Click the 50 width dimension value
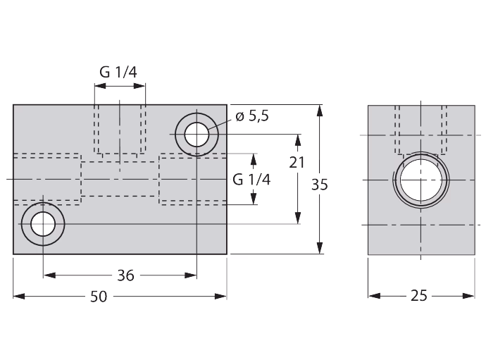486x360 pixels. click(99, 297)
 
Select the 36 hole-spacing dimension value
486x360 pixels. click(125, 275)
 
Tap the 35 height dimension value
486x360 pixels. click(320, 185)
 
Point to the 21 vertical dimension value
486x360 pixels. click(297, 163)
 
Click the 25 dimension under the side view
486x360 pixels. click(419, 296)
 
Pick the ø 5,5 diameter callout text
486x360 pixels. click(252, 116)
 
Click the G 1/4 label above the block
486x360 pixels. click(118, 73)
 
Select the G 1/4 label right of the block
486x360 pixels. click(251, 180)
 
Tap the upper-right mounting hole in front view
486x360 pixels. click(197, 135)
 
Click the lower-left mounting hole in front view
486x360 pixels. click(43, 224)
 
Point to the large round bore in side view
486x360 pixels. click(421, 180)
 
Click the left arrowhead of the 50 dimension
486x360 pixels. click(19, 297)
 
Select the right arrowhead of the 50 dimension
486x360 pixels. click(220, 297)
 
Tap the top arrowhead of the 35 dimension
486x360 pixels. click(320, 111)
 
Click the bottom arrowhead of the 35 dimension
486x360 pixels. click(320, 248)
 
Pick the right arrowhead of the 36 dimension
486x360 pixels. click(191, 275)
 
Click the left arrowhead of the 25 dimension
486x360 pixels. click(375, 296)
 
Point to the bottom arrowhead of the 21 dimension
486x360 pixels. click(298, 218)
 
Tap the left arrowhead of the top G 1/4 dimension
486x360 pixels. click(101, 86)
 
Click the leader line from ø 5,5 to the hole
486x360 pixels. click(220, 125)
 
